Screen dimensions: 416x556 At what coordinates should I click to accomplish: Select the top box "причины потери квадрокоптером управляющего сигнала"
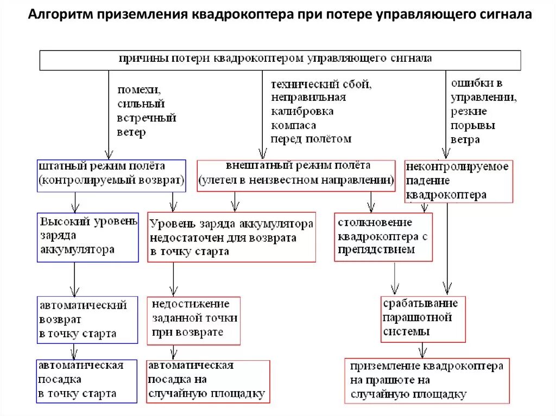pos(280,60)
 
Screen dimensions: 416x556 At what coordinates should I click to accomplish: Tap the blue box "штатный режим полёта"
pos(111,175)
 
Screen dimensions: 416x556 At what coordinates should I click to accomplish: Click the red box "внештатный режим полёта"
pos(296,175)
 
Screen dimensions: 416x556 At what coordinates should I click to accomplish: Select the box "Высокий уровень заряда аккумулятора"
pos(88,237)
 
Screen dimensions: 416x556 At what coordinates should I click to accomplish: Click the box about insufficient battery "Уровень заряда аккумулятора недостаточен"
pos(231,237)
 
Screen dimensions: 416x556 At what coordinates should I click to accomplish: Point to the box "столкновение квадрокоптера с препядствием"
pos(383,237)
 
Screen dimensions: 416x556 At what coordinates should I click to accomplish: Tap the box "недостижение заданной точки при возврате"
pos(193,320)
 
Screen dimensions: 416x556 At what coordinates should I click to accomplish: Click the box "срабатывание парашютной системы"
pos(423,318)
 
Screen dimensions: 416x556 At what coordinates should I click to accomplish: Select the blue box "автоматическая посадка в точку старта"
pos(86,381)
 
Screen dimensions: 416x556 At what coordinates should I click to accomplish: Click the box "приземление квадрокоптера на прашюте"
pos(427,381)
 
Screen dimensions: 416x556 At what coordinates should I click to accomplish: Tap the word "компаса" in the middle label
pos(293,125)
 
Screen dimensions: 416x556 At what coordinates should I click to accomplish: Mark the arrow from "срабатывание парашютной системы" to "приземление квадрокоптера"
pos(422,350)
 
